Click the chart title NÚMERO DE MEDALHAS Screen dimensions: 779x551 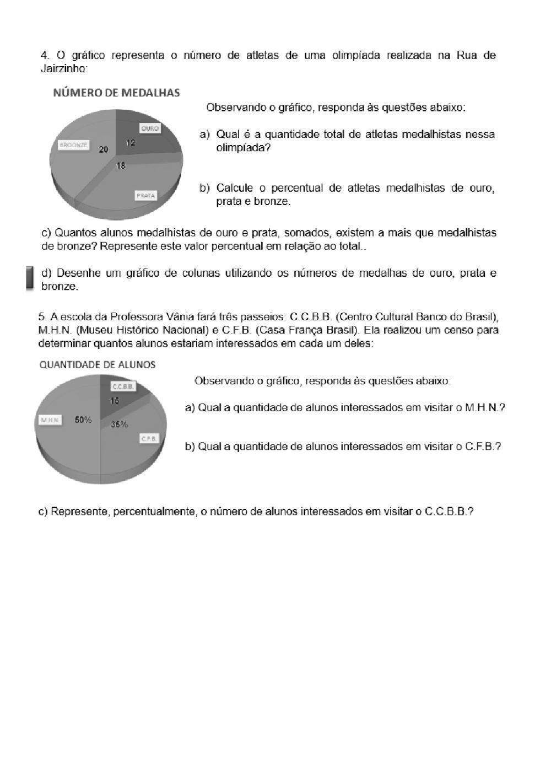coord(116,93)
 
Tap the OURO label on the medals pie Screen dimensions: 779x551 coord(149,128)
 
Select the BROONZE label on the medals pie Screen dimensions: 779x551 coord(73,146)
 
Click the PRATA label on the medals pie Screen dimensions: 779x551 coord(146,196)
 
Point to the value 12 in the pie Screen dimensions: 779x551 coord(131,143)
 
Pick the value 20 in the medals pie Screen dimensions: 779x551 coord(104,149)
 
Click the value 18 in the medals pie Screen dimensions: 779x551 coord(120,165)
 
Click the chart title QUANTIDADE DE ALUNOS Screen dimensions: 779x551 coord(98,364)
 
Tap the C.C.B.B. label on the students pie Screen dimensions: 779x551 coord(123,387)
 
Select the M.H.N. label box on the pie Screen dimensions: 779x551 coord(50,420)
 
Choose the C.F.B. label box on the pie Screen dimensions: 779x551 coord(149,439)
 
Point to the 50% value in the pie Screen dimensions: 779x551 coord(83,420)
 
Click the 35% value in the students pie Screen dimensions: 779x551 coord(120,425)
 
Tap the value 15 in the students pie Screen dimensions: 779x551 coord(114,401)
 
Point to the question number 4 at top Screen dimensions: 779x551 coord(44,55)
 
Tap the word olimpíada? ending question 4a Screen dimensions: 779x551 coord(243,148)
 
